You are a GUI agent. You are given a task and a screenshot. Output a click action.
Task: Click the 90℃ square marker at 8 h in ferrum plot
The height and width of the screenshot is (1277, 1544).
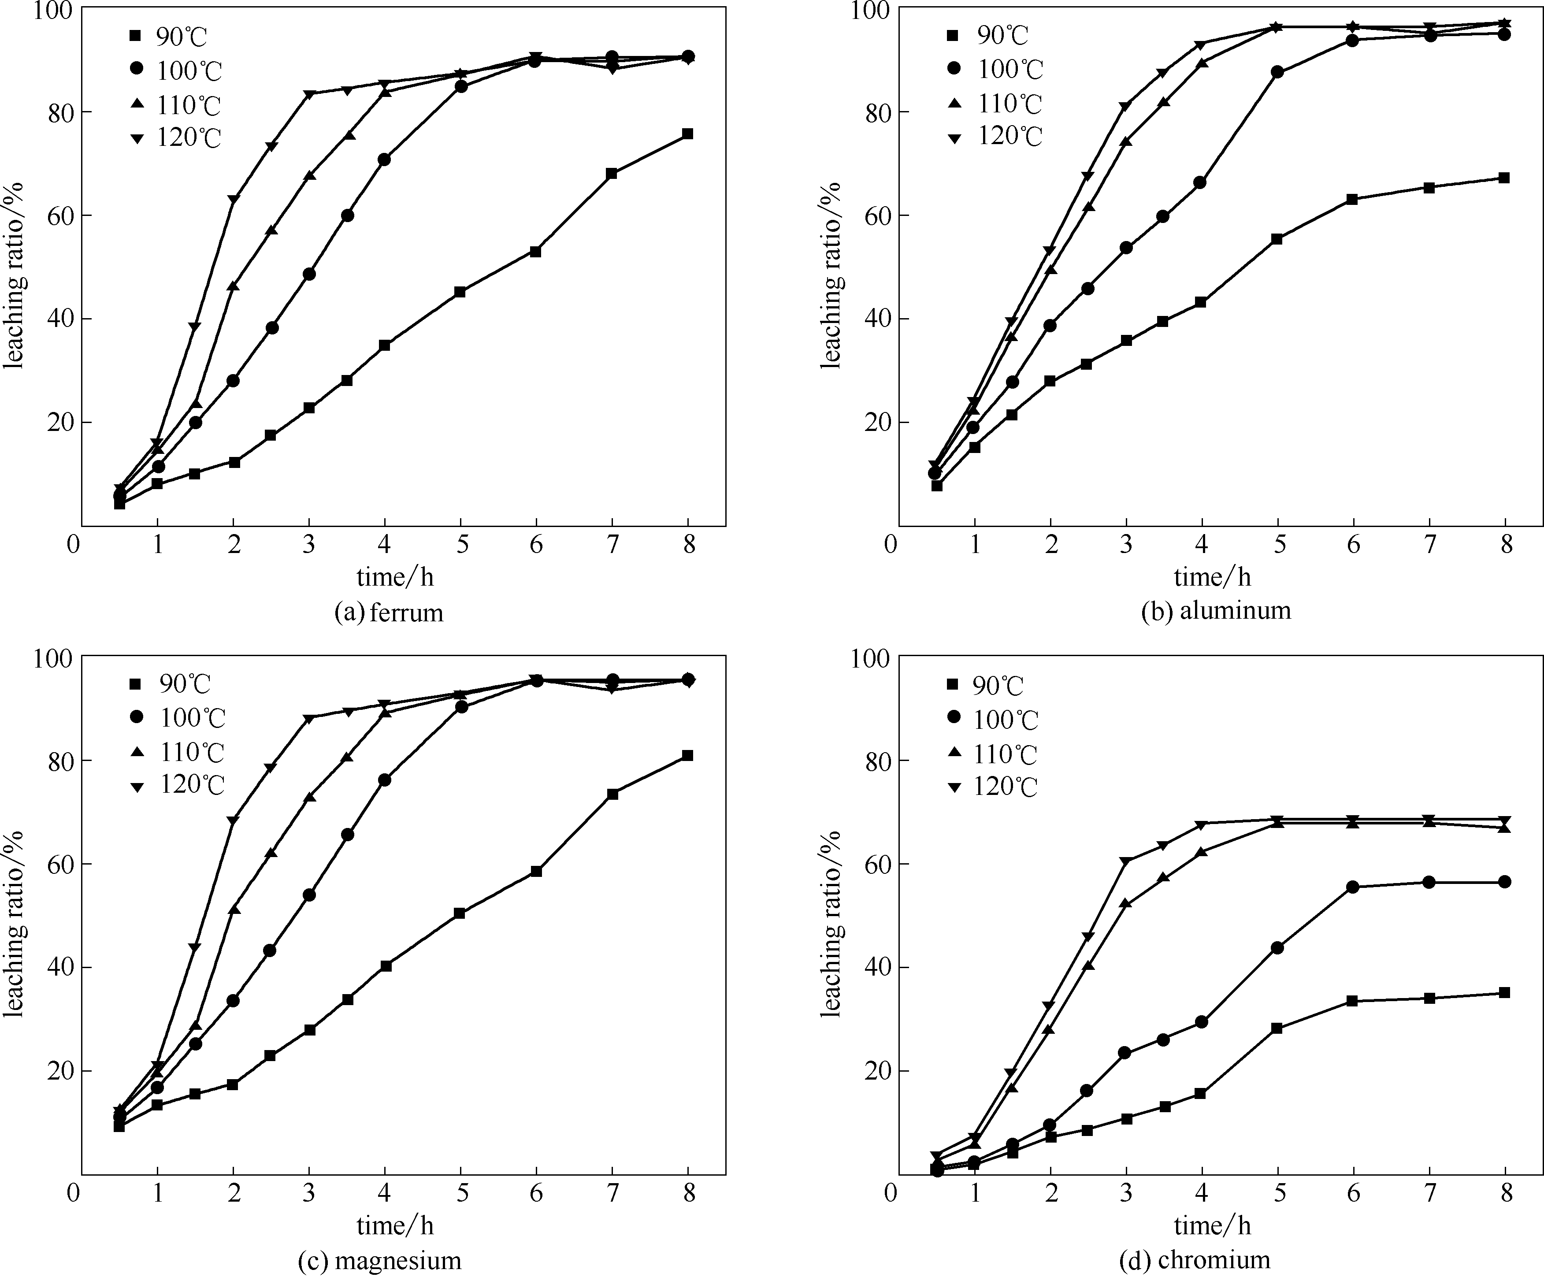pos(687,134)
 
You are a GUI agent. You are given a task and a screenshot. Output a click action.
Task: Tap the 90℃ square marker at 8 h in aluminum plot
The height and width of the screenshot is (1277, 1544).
pos(1504,178)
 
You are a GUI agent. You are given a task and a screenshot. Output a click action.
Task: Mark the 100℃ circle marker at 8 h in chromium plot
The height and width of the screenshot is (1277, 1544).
pos(1504,881)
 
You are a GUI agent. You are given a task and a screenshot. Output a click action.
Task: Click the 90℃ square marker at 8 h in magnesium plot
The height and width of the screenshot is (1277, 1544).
pos(687,756)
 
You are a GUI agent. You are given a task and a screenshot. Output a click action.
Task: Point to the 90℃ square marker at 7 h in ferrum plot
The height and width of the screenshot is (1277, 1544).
pos(612,174)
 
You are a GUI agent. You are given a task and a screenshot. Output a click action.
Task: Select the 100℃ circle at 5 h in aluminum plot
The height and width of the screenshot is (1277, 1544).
pos(1278,72)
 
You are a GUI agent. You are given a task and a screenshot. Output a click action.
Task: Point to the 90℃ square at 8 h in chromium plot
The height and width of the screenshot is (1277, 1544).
pos(1504,992)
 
